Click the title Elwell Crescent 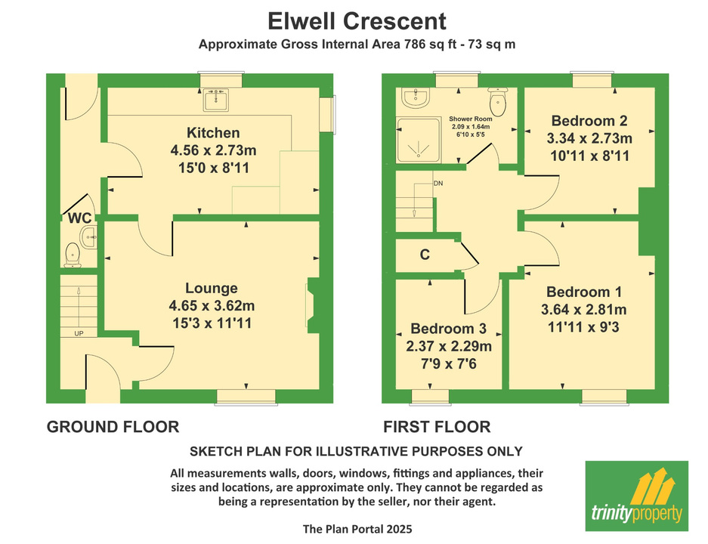(357, 21)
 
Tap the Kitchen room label (213, 133)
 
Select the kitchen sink (216, 99)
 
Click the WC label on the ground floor (79, 218)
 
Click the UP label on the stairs (79, 334)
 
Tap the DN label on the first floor (438, 184)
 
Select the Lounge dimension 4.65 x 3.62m (212, 306)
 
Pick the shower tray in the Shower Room (418, 140)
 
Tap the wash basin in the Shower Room (416, 98)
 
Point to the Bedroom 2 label (589, 121)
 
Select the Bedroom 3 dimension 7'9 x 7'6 (448, 363)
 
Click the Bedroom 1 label (584, 292)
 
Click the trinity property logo (637, 496)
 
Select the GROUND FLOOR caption (113, 427)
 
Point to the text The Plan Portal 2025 (357, 529)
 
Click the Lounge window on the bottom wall (246, 397)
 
